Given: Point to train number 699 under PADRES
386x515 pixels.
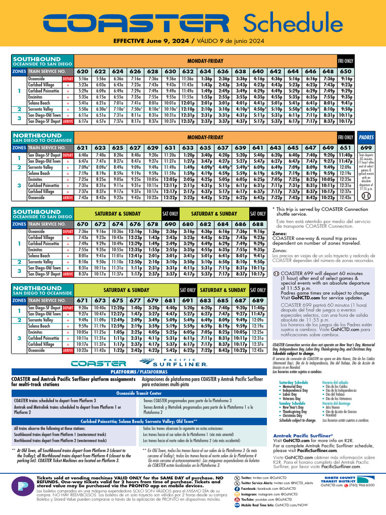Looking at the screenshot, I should tap(366, 147).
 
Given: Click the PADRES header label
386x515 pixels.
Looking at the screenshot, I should tap(366, 137).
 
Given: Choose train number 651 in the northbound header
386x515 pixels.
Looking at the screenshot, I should tap(346, 147).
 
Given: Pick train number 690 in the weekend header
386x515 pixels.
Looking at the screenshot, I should tap(170, 224).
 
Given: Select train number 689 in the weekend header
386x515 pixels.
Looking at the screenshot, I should tap(258, 300).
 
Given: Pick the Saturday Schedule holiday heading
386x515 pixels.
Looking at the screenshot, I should tap(294, 383).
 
